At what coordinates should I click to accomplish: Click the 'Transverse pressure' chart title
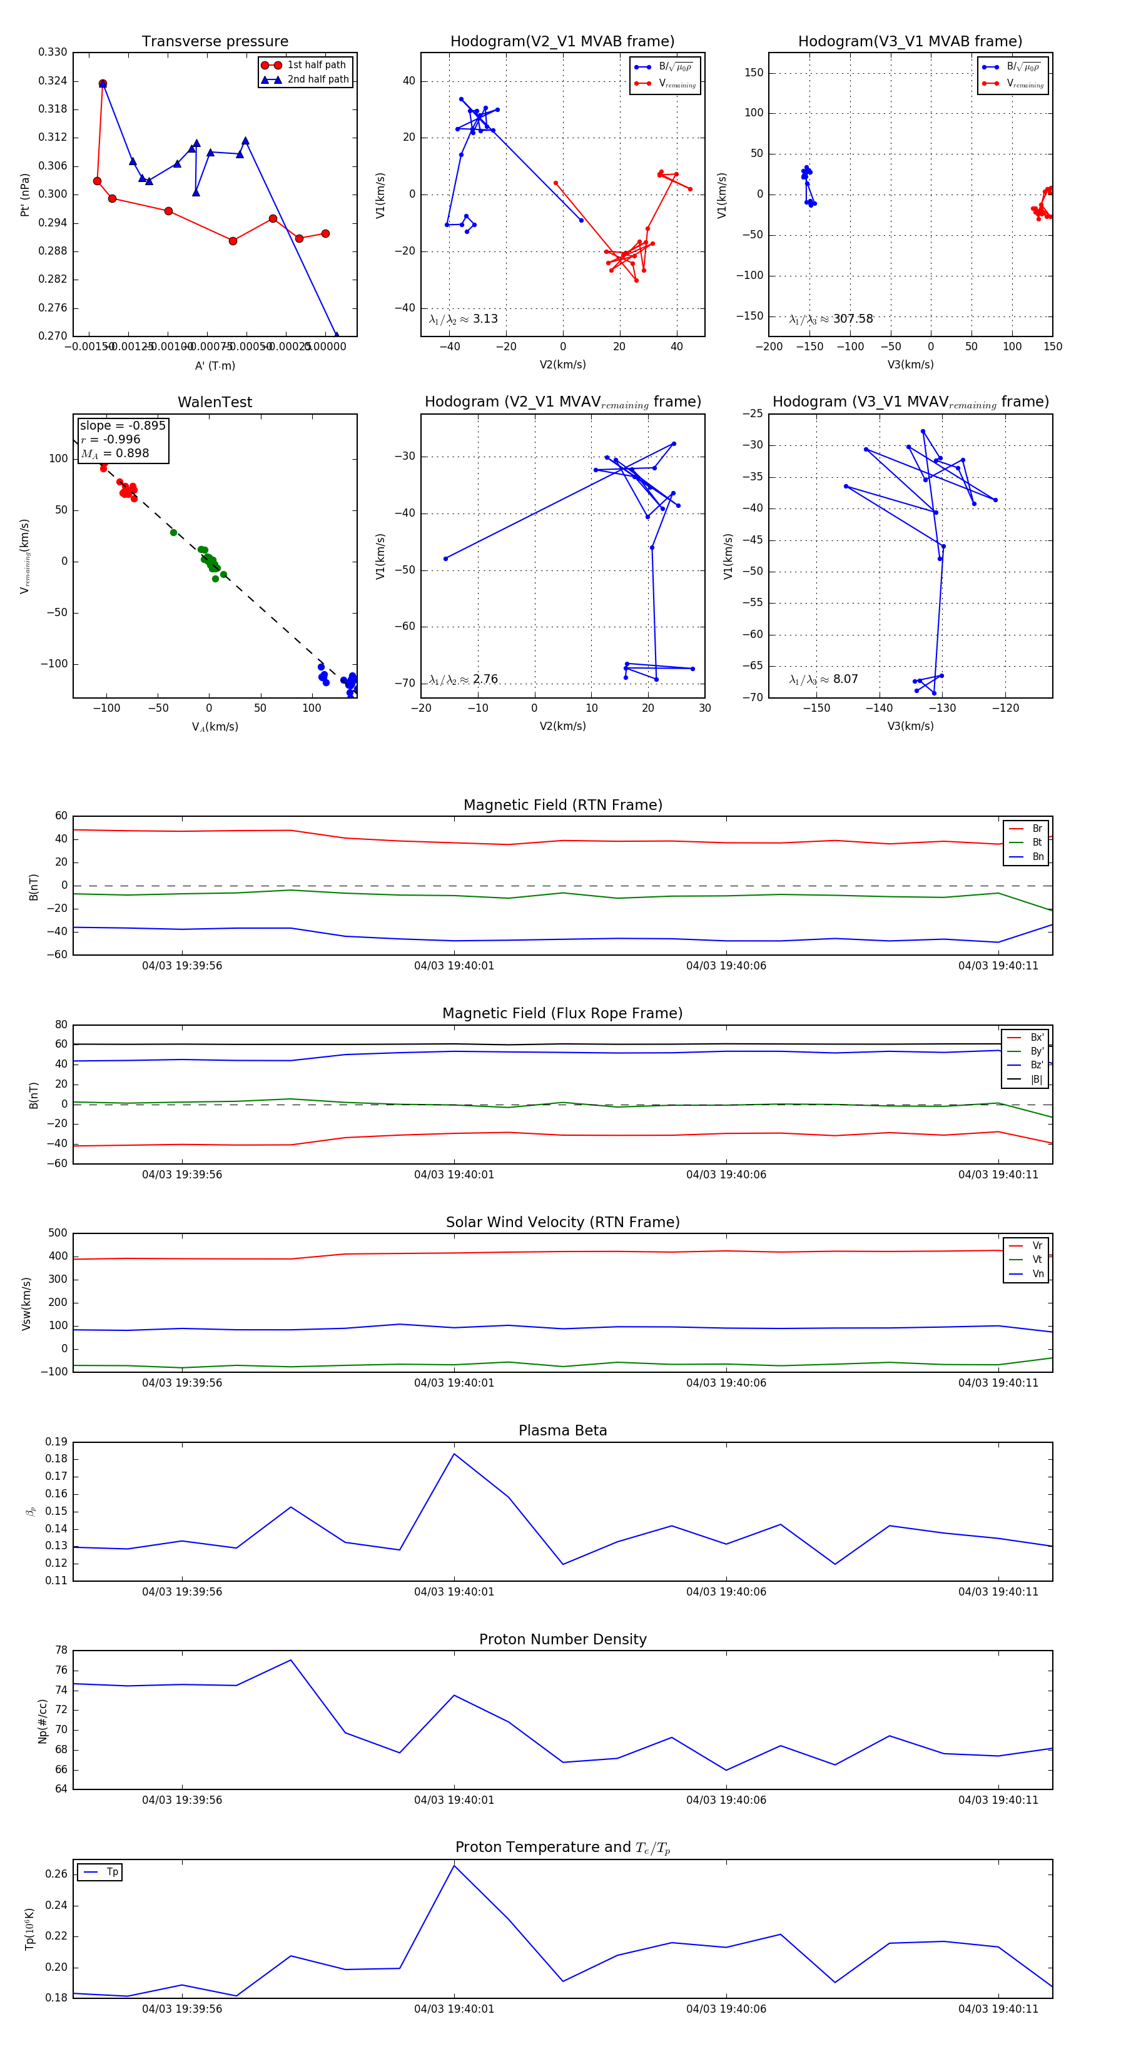point(215,42)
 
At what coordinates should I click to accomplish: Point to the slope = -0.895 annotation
point(123,425)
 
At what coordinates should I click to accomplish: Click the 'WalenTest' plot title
point(215,402)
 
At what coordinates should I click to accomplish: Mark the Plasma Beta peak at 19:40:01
point(454,1454)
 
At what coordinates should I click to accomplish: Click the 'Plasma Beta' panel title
point(562,1430)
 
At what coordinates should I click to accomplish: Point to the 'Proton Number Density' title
point(562,1639)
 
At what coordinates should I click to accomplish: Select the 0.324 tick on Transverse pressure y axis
point(53,81)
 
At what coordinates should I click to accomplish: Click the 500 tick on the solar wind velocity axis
point(58,1233)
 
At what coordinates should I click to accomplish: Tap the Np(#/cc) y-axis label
point(43,1720)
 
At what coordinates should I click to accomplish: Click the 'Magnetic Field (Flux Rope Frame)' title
point(562,1014)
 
